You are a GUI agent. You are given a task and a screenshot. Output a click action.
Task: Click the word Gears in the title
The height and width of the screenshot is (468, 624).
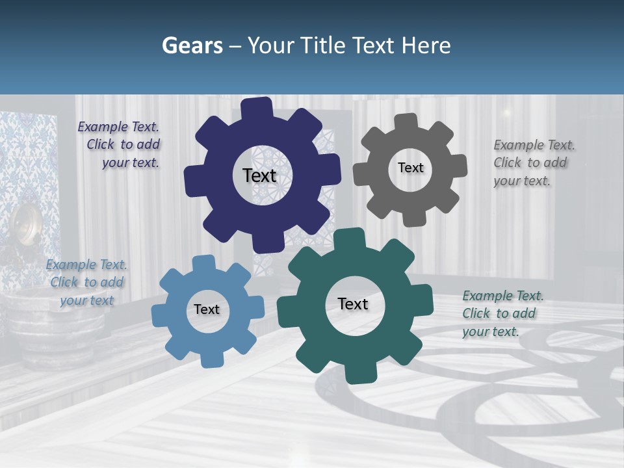click(192, 45)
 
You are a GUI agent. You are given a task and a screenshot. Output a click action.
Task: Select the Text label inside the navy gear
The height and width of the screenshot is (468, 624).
click(259, 175)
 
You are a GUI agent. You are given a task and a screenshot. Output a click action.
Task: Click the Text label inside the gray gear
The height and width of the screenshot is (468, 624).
click(410, 168)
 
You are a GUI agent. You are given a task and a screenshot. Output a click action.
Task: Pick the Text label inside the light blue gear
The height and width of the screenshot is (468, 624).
click(207, 310)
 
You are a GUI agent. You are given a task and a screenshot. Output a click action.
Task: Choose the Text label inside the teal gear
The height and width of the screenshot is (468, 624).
click(353, 304)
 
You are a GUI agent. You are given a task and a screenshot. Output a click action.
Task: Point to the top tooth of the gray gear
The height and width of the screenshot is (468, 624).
click(406, 122)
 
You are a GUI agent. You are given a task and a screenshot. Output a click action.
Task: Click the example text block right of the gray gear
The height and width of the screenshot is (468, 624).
click(533, 163)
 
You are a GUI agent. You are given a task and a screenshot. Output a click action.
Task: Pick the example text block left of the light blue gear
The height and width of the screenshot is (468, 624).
click(87, 283)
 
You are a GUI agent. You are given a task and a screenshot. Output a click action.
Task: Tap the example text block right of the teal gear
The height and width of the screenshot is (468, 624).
click(502, 313)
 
